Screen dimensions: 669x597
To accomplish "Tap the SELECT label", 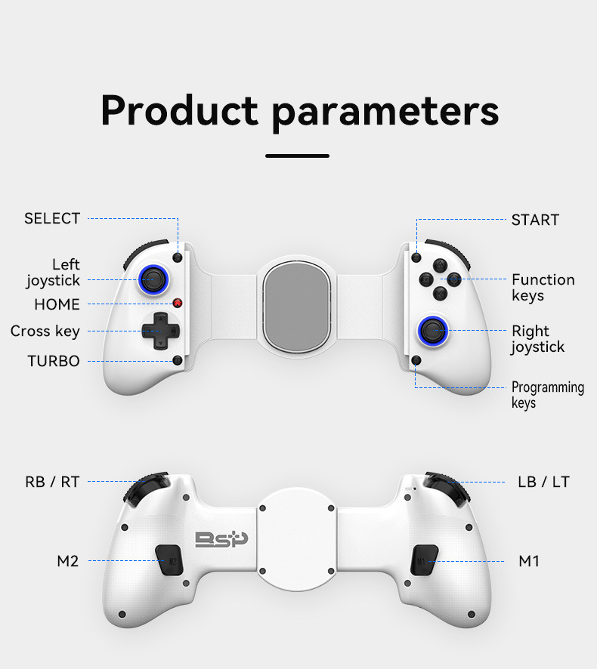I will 52,218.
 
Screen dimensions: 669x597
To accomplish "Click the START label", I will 535,220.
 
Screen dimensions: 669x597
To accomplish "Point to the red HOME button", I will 178,304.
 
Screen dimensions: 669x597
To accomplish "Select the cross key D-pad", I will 160,330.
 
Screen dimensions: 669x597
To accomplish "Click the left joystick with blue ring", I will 153,279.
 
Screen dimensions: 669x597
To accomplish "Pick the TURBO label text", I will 54,361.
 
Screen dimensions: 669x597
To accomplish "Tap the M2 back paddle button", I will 170,560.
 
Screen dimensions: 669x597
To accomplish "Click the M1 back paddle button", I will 422,560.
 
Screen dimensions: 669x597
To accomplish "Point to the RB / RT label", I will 52,481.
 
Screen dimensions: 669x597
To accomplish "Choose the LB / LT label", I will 544,481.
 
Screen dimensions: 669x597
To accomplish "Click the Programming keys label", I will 547,395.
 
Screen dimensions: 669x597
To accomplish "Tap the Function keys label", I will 543,287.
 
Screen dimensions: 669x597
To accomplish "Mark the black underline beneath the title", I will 298,156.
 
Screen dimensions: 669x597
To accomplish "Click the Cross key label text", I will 45,331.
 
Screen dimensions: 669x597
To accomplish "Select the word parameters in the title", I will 385,110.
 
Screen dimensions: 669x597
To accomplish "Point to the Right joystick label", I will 537,339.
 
